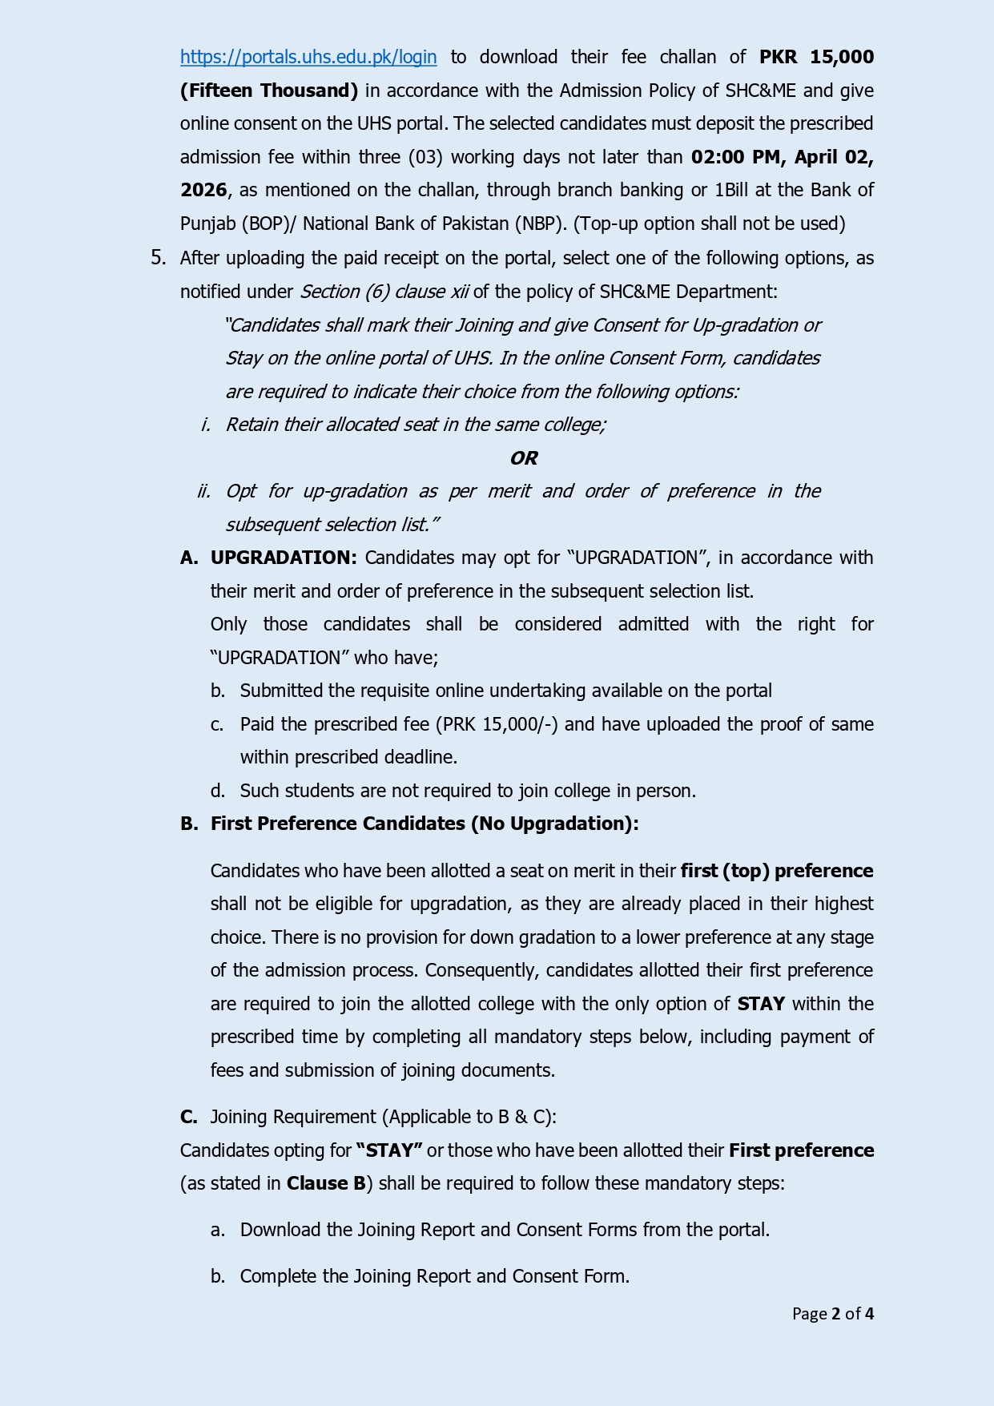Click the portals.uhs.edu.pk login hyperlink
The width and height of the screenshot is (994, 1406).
[x=308, y=57]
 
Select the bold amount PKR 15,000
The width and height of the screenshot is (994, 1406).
[x=816, y=57]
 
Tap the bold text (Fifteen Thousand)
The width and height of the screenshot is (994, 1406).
[x=269, y=91]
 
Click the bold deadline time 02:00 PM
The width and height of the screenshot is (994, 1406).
[x=737, y=157]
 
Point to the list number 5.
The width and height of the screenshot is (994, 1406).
[x=158, y=258]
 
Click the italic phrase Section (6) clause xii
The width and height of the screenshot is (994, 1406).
[x=384, y=292]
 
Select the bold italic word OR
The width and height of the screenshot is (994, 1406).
[x=524, y=458]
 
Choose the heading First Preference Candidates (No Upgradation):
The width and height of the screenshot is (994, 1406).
[x=425, y=824]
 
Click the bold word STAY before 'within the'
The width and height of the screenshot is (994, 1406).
[x=761, y=1004]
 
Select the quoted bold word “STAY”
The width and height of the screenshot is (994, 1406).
[x=389, y=1150]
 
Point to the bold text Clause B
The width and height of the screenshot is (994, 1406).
[x=326, y=1183]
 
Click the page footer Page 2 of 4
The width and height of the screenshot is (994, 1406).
[x=832, y=1314]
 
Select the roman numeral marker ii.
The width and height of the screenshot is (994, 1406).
[x=203, y=491]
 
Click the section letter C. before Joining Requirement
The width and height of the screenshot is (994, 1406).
[x=189, y=1117]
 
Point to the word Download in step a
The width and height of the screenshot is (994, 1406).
[x=280, y=1230]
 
